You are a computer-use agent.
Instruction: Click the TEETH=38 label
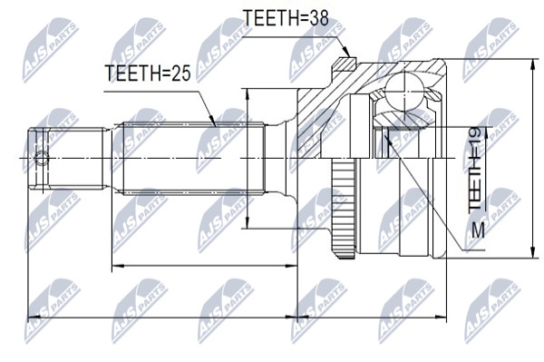tap(286, 17)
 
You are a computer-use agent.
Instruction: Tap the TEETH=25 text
tap(148, 73)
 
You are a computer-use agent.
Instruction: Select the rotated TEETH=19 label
tap(474, 170)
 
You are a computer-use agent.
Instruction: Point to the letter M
tap(478, 230)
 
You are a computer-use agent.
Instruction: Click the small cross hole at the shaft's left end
tap(42, 158)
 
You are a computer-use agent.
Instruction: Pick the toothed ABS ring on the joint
tap(344, 209)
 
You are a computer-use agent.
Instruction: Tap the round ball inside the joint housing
tap(404, 91)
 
